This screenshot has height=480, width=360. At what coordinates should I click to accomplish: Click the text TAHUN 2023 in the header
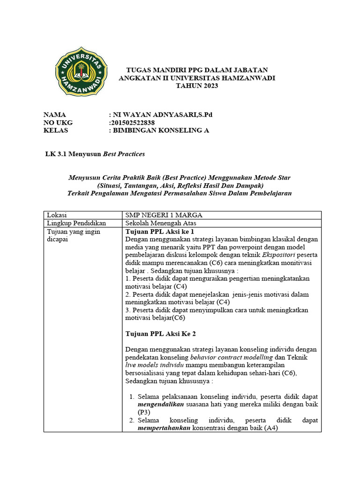click(197, 86)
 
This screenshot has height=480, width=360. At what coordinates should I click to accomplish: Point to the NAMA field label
click(55, 114)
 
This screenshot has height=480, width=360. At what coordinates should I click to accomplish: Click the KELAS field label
click(56, 130)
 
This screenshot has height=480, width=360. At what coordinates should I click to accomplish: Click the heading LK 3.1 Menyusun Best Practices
click(94, 154)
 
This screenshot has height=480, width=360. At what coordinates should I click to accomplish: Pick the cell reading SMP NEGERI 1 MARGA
click(164, 215)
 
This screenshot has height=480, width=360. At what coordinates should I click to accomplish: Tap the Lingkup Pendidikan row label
click(74, 223)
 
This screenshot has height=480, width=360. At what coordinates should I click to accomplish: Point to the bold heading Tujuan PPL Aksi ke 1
click(160, 232)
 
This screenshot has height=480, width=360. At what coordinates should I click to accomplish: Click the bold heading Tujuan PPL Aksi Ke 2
click(161, 333)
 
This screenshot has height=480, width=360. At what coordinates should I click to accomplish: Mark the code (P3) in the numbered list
click(143, 412)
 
